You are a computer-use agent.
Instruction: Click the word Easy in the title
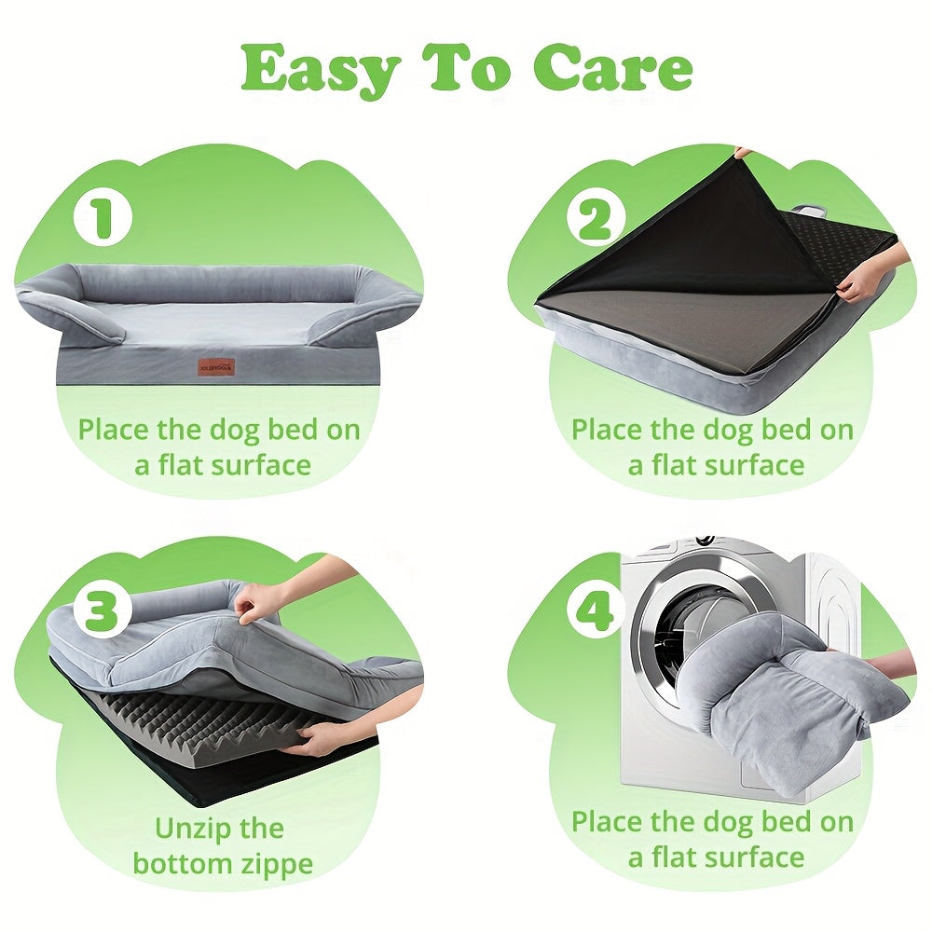click(319, 70)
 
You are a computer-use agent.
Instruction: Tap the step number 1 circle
click(103, 217)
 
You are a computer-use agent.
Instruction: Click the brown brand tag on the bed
click(217, 366)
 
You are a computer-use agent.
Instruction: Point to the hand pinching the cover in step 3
click(258, 602)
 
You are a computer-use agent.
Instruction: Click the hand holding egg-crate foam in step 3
click(319, 741)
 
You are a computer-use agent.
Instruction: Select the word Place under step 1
click(114, 430)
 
